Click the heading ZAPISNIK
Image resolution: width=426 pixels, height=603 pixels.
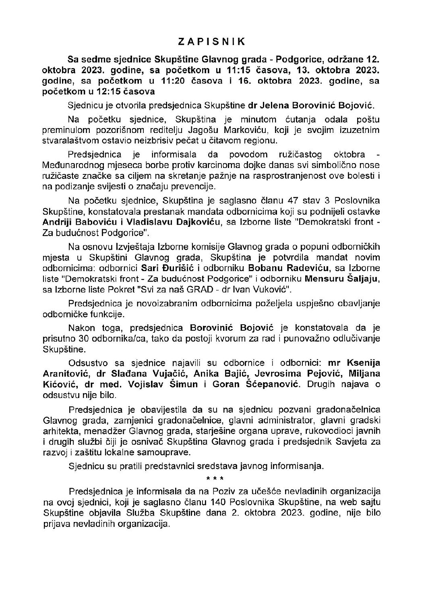click(x=213, y=41)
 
